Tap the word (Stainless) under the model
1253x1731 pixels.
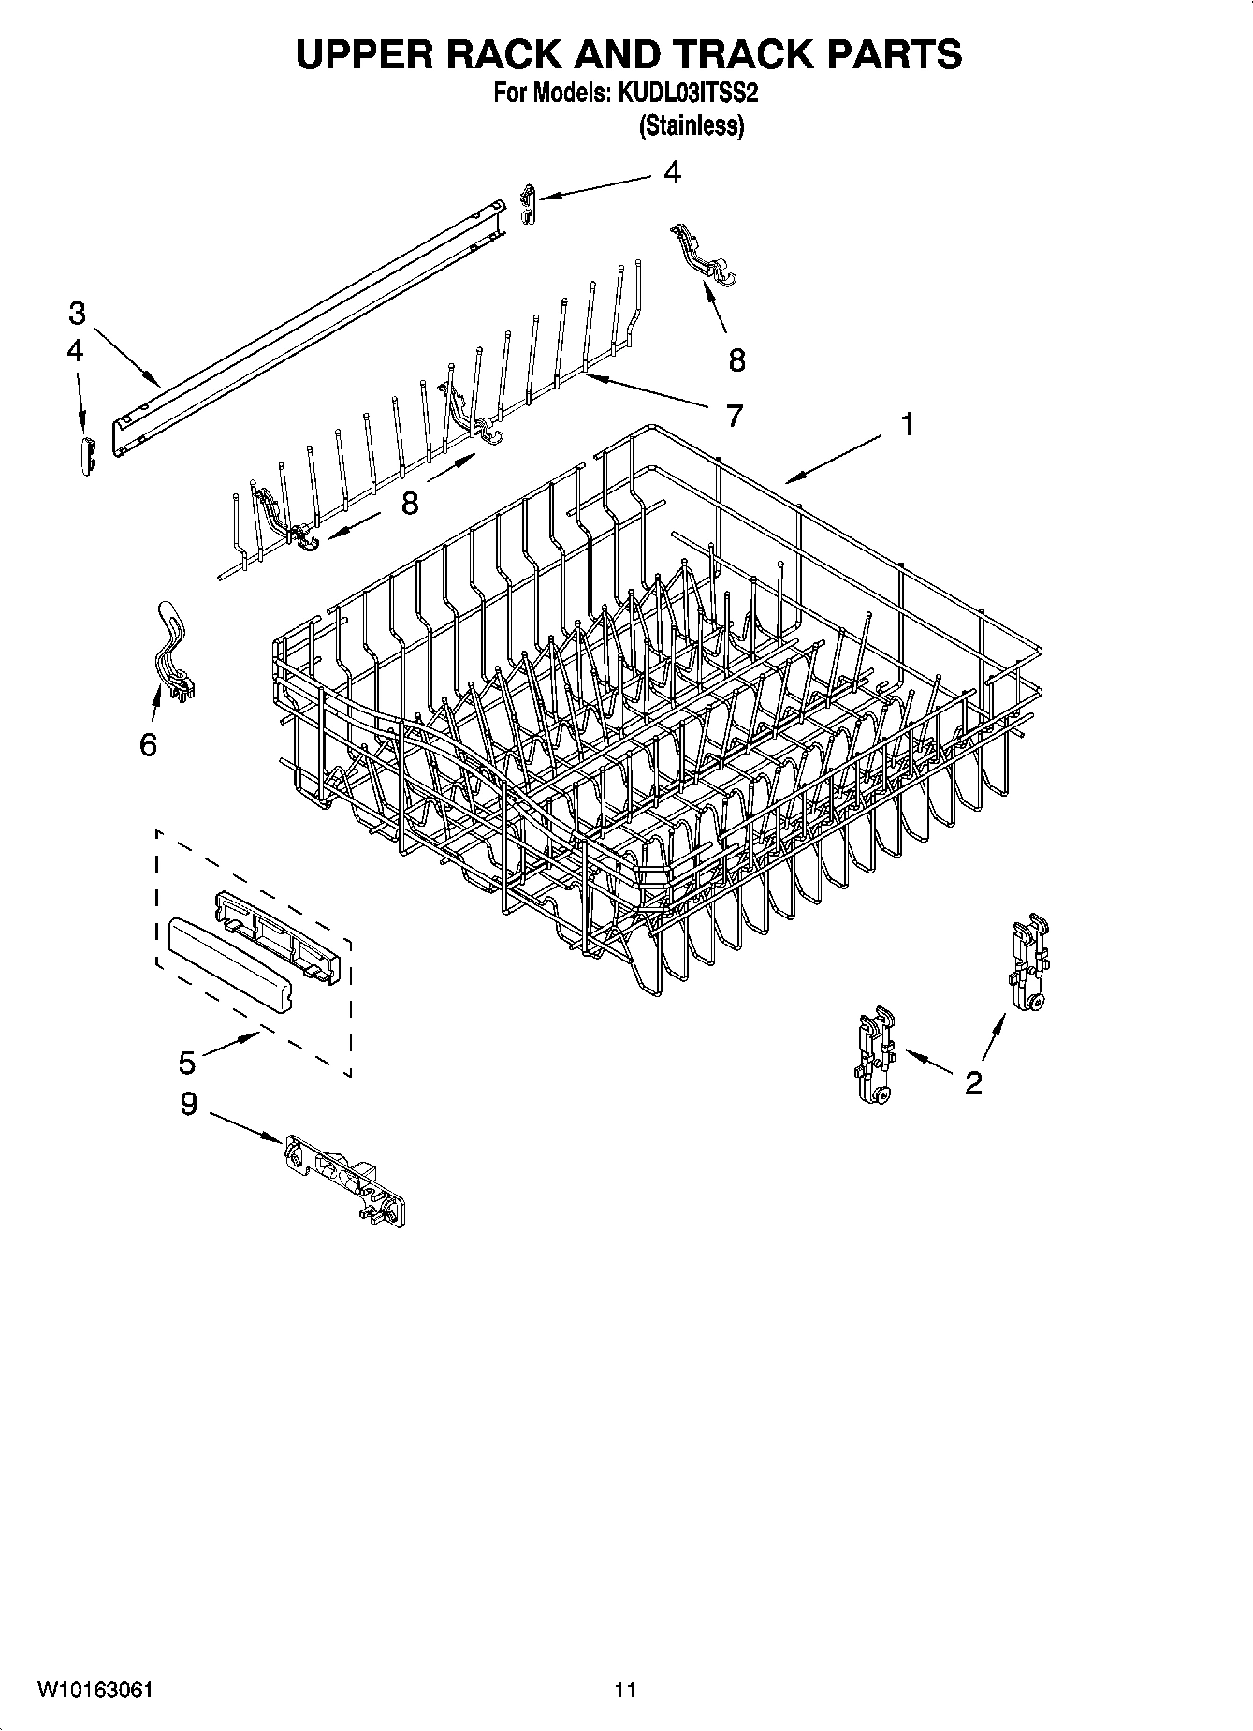pos(692,125)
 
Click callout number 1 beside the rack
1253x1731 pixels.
pos(906,424)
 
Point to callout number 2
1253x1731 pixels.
pos(973,1083)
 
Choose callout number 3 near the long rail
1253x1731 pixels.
pos(77,313)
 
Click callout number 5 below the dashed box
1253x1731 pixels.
pos(187,1063)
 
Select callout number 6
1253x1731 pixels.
pos(148,745)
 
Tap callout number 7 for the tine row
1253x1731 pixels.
pos(735,415)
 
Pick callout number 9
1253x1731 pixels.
pos(189,1105)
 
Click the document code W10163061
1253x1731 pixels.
pos(95,1690)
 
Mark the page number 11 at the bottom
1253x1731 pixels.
pos(625,1690)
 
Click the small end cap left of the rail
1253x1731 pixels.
pos(87,456)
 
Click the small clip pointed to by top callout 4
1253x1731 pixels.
pos(528,203)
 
